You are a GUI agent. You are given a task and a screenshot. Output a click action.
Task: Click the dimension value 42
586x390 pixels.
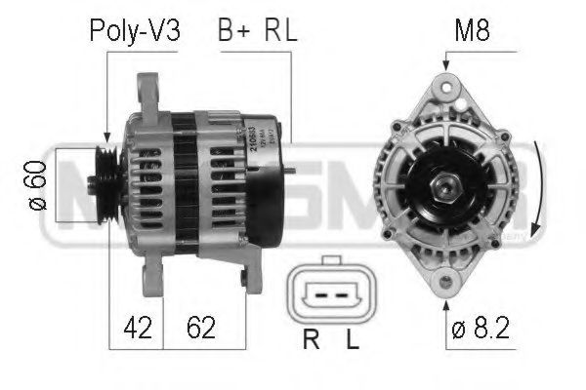pos(139,328)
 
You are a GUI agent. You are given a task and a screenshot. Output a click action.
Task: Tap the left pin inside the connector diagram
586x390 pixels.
pos(317,292)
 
